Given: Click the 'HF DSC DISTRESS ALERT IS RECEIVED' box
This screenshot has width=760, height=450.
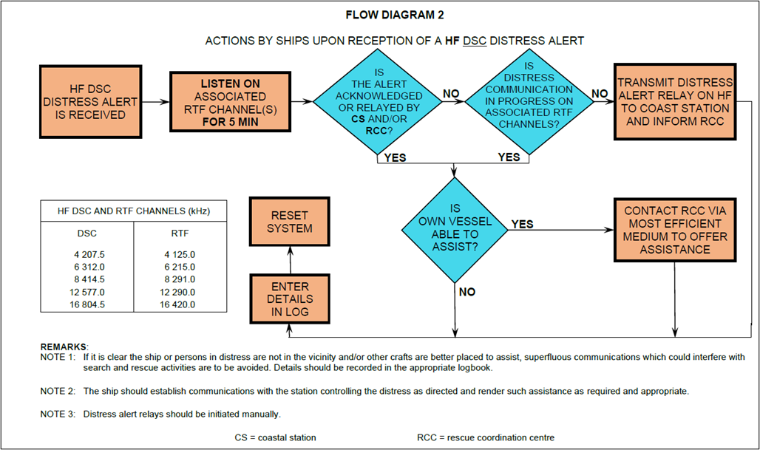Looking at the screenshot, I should [x=87, y=103].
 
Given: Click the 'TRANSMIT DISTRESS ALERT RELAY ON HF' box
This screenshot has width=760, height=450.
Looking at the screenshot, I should [x=675, y=102].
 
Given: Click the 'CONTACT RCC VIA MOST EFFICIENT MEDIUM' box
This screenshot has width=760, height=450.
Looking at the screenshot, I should [x=675, y=229].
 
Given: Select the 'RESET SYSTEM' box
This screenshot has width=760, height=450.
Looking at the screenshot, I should [x=289, y=222].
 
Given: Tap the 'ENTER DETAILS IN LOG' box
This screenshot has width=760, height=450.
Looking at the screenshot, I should [x=289, y=299].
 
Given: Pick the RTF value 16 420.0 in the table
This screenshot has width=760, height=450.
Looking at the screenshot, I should [x=178, y=304].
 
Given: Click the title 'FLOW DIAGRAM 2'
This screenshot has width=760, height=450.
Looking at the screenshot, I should [x=395, y=15].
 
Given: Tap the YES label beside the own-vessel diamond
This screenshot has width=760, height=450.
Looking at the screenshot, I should [x=522, y=224].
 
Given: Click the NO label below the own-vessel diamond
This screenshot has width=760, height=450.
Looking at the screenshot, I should [x=467, y=292].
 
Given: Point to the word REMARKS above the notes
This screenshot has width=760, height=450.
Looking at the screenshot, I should [x=64, y=347].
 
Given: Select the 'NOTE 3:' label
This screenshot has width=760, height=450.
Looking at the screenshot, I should [x=58, y=414].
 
